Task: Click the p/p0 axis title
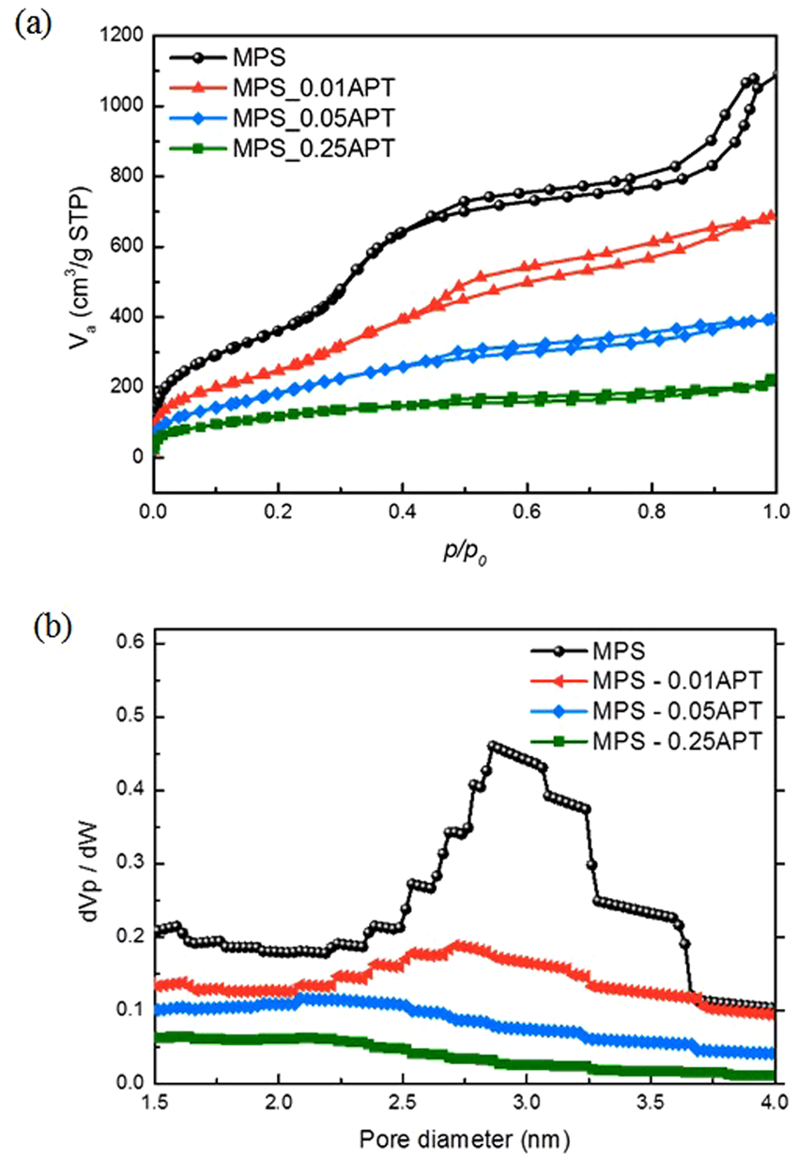[x=466, y=556]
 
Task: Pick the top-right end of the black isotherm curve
[x=775, y=74]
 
